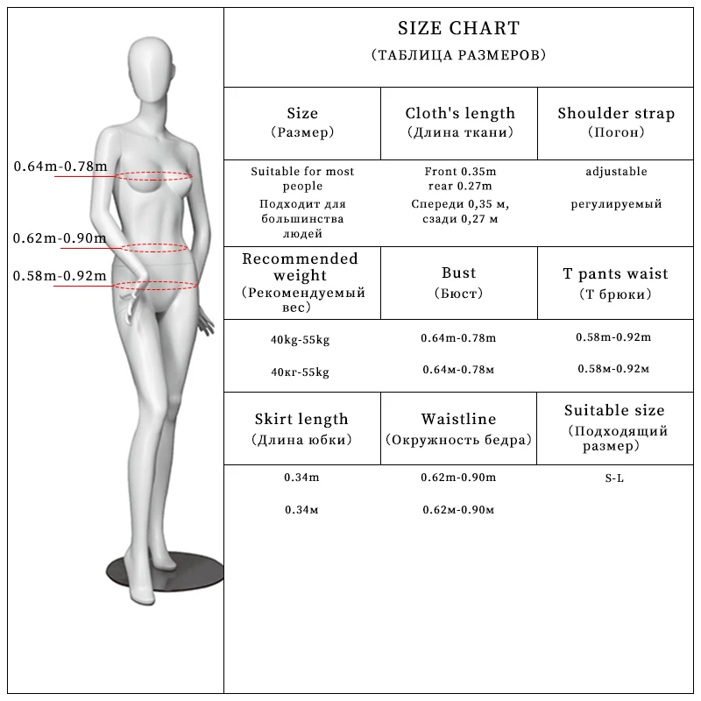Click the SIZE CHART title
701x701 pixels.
pyautogui.click(x=458, y=30)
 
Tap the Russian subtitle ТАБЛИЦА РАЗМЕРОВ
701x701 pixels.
pyautogui.click(x=458, y=55)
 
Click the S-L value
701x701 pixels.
pyautogui.click(x=614, y=478)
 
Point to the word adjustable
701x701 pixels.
pyautogui.click(x=616, y=172)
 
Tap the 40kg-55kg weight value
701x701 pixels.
pyautogui.click(x=301, y=339)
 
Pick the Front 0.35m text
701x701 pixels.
pyautogui.click(x=460, y=172)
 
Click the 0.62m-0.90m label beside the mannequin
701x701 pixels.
pyautogui.click(x=60, y=237)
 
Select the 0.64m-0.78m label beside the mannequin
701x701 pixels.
pyautogui.click(x=60, y=166)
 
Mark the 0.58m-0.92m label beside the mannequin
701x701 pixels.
pyautogui.click(x=60, y=277)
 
